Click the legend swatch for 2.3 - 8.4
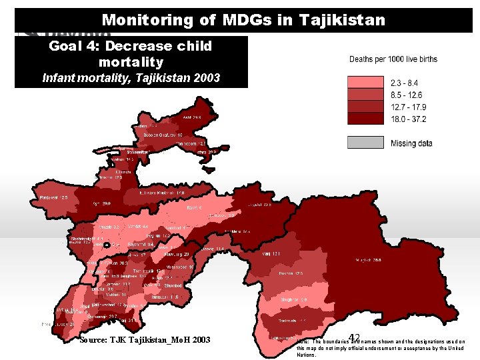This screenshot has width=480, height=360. pyautogui.click(x=365, y=83)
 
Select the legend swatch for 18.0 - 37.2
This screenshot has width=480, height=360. pyautogui.click(x=365, y=119)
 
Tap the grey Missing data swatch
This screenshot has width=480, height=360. pyautogui.click(x=365, y=143)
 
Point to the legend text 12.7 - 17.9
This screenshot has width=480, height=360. pyautogui.click(x=408, y=107)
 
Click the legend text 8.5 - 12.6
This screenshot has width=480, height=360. pyautogui.click(x=408, y=95)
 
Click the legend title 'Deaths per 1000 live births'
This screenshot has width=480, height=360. pyautogui.click(x=393, y=59)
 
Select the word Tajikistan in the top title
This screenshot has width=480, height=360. pyautogui.click(x=343, y=20)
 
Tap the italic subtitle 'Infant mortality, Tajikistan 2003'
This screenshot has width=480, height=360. pyautogui.click(x=131, y=78)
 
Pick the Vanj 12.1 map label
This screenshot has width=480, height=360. pyautogui.click(x=281, y=254)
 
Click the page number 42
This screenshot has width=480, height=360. pyautogui.click(x=355, y=338)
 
